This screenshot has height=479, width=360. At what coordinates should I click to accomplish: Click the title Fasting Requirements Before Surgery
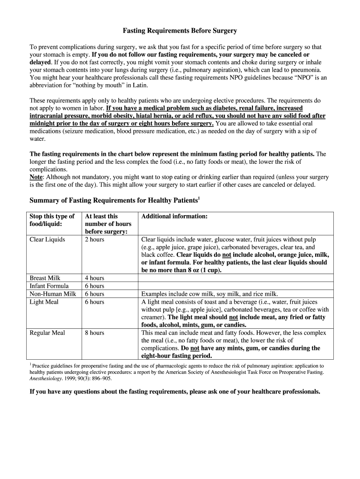(x=180, y=31)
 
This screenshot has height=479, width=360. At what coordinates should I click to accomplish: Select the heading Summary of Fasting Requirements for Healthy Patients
(x=114, y=201)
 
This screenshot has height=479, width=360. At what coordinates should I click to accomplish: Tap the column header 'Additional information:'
(x=174, y=217)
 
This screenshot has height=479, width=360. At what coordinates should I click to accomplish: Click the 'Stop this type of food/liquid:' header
(x=52, y=220)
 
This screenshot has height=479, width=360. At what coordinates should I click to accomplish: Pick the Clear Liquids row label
(x=47, y=239)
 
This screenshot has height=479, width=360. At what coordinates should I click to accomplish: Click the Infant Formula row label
(x=49, y=286)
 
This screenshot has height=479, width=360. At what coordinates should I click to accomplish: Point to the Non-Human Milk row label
(x=53, y=294)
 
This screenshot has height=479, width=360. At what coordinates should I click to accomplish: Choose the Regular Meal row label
(x=47, y=333)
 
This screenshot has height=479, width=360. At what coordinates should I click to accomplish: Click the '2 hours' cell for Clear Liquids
(x=94, y=239)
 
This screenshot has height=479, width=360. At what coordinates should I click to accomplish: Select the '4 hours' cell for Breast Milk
(x=94, y=278)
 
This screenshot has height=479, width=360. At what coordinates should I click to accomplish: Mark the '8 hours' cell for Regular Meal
(x=94, y=333)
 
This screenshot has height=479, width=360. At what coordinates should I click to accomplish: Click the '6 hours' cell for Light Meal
(x=94, y=302)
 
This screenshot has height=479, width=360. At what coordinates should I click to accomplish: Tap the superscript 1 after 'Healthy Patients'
(x=199, y=198)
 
